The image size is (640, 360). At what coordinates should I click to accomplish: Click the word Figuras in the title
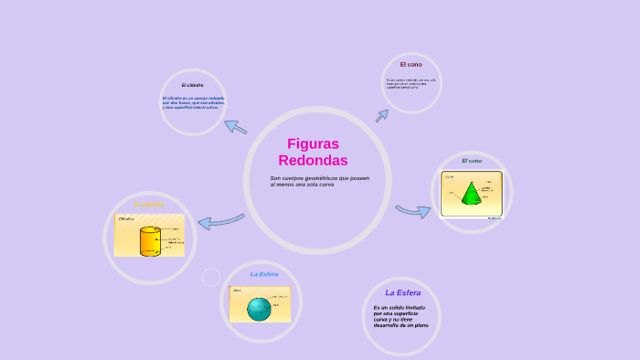313,143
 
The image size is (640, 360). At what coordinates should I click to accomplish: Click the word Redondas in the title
313,160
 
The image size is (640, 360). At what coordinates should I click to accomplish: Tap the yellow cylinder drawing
149,241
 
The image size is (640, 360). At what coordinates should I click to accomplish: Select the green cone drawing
472,193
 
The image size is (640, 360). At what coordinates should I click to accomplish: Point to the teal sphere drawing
259,309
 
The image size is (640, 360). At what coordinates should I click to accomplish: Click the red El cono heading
411,65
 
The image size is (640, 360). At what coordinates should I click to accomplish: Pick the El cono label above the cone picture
471,161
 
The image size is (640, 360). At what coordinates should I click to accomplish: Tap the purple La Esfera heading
402,292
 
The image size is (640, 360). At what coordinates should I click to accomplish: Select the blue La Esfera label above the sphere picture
264,273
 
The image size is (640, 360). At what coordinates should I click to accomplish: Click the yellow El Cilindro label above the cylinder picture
149,204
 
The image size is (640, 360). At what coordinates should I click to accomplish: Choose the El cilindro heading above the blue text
192,85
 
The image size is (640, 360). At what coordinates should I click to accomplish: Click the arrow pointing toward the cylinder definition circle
236,126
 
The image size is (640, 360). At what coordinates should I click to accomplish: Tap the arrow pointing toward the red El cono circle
381,115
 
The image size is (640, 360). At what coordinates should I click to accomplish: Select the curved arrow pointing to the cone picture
412,211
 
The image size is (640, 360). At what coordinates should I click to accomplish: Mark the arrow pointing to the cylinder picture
219,220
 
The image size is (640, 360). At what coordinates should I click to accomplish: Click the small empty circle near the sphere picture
211,277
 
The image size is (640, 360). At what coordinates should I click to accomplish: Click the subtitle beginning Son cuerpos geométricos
319,181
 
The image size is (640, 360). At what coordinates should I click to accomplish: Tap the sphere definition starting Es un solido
400,316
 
